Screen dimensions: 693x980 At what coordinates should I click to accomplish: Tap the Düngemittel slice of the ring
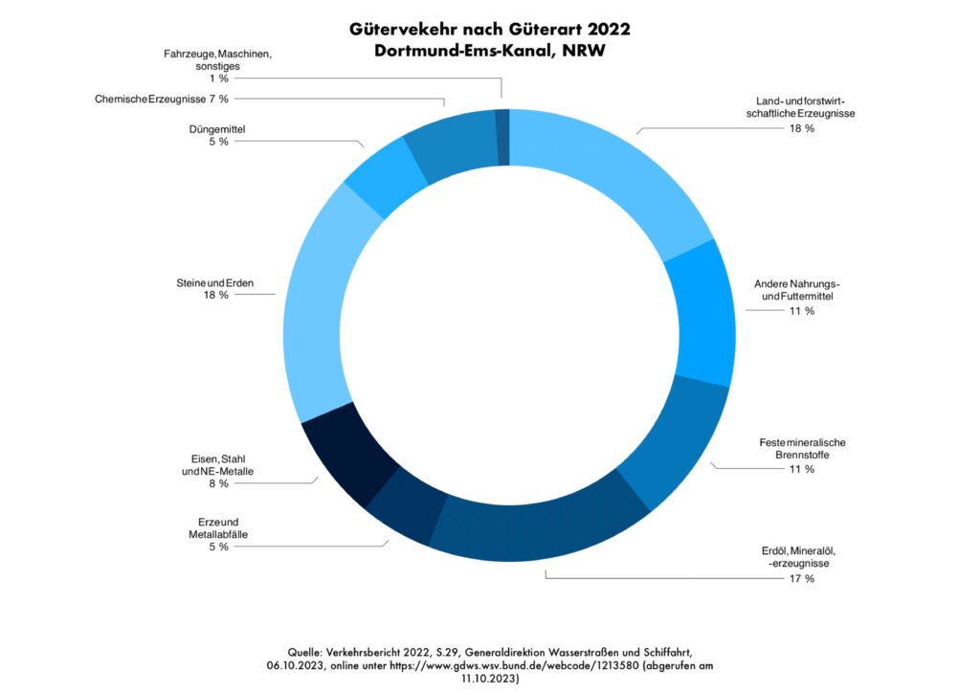[x=383, y=176]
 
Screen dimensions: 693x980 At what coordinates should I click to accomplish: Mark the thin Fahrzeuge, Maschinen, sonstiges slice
[x=502, y=137]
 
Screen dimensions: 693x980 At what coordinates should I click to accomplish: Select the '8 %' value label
[x=217, y=483]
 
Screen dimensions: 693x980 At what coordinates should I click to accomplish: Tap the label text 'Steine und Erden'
[x=214, y=282]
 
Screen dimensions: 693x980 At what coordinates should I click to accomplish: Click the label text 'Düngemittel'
[x=217, y=128]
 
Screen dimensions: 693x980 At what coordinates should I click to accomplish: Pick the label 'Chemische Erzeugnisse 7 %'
[x=162, y=99]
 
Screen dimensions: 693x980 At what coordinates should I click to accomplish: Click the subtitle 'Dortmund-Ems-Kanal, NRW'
[x=489, y=52]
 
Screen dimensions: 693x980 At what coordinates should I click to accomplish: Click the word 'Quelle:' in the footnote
[x=309, y=648]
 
